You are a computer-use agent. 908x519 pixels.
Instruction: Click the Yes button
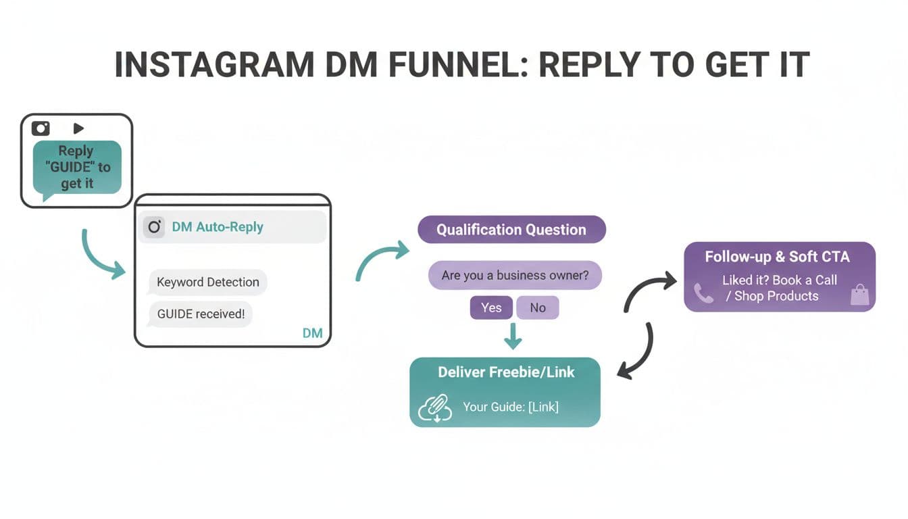(x=491, y=307)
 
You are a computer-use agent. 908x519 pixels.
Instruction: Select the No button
(x=537, y=307)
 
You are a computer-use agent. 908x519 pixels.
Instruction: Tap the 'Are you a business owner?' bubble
(x=514, y=276)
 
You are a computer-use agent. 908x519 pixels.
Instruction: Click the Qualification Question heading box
(x=511, y=230)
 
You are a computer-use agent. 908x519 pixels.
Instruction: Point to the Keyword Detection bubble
(x=207, y=282)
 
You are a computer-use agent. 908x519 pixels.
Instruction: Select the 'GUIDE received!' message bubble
(x=200, y=314)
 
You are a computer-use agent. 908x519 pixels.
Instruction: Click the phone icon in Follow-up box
(x=703, y=293)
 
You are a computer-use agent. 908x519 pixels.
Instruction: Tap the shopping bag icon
(x=859, y=295)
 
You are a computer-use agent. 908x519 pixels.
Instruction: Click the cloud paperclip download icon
(x=434, y=407)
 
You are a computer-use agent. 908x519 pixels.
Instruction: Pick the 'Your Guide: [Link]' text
(x=510, y=407)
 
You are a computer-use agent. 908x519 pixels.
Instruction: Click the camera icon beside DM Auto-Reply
(x=154, y=227)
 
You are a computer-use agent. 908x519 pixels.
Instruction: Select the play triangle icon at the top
(x=78, y=128)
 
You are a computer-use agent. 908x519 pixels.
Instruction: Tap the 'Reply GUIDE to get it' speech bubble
(x=76, y=168)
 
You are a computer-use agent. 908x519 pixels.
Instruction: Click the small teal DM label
(x=312, y=333)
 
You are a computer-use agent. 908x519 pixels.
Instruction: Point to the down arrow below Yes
(x=513, y=336)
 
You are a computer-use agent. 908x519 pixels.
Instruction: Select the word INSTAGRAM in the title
(x=214, y=66)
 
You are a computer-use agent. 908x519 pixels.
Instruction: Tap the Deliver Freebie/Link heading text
(x=506, y=372)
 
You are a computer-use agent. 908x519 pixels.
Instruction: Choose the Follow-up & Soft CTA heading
(x=777, y=257)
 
